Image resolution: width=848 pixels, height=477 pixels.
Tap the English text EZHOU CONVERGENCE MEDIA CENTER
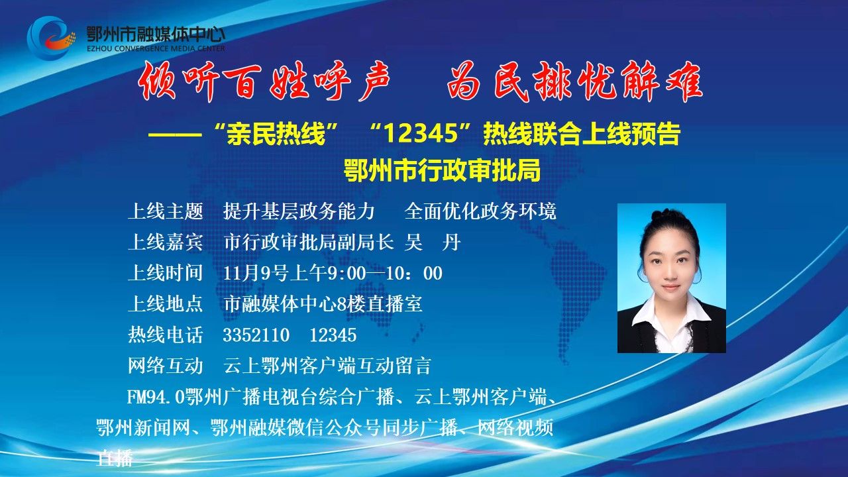[156, 48]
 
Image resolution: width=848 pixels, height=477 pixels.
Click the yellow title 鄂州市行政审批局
[442, 171]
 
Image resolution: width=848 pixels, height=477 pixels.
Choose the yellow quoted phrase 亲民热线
[276, 134]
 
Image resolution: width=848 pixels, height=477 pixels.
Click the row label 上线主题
[166, 211]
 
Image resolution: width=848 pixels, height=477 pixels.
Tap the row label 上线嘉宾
[166, 242]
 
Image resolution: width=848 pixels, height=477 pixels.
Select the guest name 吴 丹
[433, 242]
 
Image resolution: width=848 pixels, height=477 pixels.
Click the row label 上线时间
[166, 274]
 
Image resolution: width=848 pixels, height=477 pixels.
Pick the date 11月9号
[256, 274]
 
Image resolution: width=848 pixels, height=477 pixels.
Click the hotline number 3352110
[256, 335]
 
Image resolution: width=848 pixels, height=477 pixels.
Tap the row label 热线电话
[166, 335]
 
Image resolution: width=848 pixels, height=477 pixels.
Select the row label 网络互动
[166, 366]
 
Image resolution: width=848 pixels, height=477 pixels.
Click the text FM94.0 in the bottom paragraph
[156, 397]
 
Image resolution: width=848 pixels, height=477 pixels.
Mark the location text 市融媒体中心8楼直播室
[323, 304]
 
